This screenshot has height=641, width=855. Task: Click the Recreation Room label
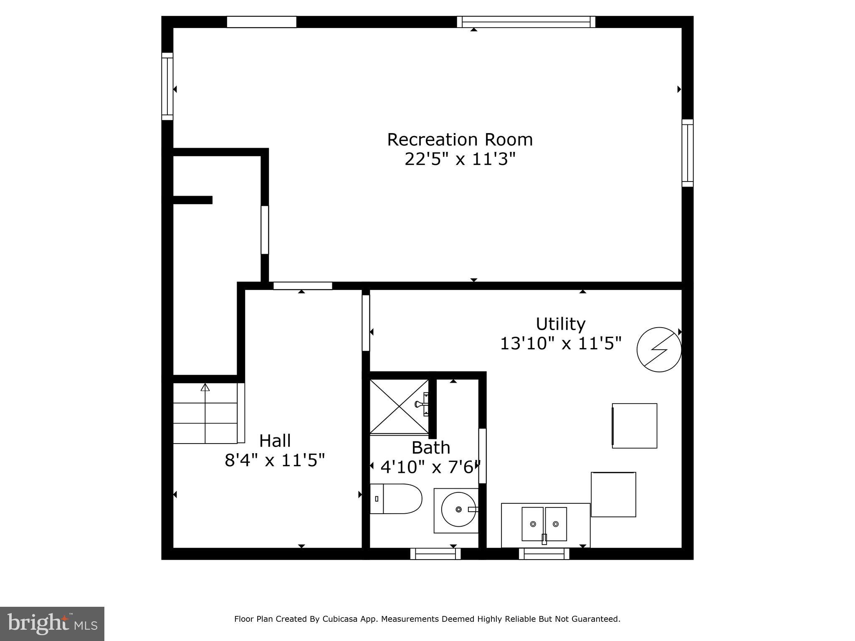(x=460, y=140)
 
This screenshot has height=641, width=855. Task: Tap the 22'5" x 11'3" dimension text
(x=460, y=159)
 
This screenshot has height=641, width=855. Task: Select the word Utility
(x=560, y=324)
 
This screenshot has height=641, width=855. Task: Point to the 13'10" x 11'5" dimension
(x=561, y=343)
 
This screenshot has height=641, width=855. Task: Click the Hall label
(x=275, y=441)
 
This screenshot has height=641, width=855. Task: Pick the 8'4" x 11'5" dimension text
(x=275, y=460)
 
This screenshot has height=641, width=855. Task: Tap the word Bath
(x=431, y=448)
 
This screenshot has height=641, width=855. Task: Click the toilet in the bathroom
(x=396, y=499)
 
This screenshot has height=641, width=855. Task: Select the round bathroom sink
(x=458, y=510)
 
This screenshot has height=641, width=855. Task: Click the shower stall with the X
(x=399, y=406)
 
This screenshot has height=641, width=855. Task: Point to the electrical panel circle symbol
(x=659, y=350)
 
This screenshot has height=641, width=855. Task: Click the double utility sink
(x=544, y=524)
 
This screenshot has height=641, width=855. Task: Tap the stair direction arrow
(x=205, y=388)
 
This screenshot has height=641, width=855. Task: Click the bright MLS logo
(x=52, y=623)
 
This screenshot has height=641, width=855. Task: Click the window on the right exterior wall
(x=688, y=153)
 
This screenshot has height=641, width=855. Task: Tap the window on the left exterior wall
(x=167, y=86)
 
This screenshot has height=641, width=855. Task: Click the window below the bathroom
(x=435, y=554)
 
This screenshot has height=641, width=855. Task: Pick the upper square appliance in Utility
(x=634, y=426)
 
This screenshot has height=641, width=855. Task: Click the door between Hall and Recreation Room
(x=303, y=286)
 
